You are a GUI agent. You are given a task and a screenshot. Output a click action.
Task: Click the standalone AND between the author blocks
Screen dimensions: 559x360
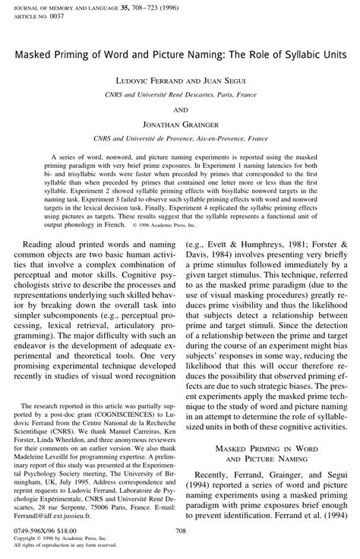point(179,109)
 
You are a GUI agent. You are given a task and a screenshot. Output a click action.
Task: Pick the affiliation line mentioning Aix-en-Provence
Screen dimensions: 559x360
point(179,139)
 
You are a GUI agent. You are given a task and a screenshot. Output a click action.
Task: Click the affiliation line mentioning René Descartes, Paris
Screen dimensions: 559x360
point(179,95)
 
